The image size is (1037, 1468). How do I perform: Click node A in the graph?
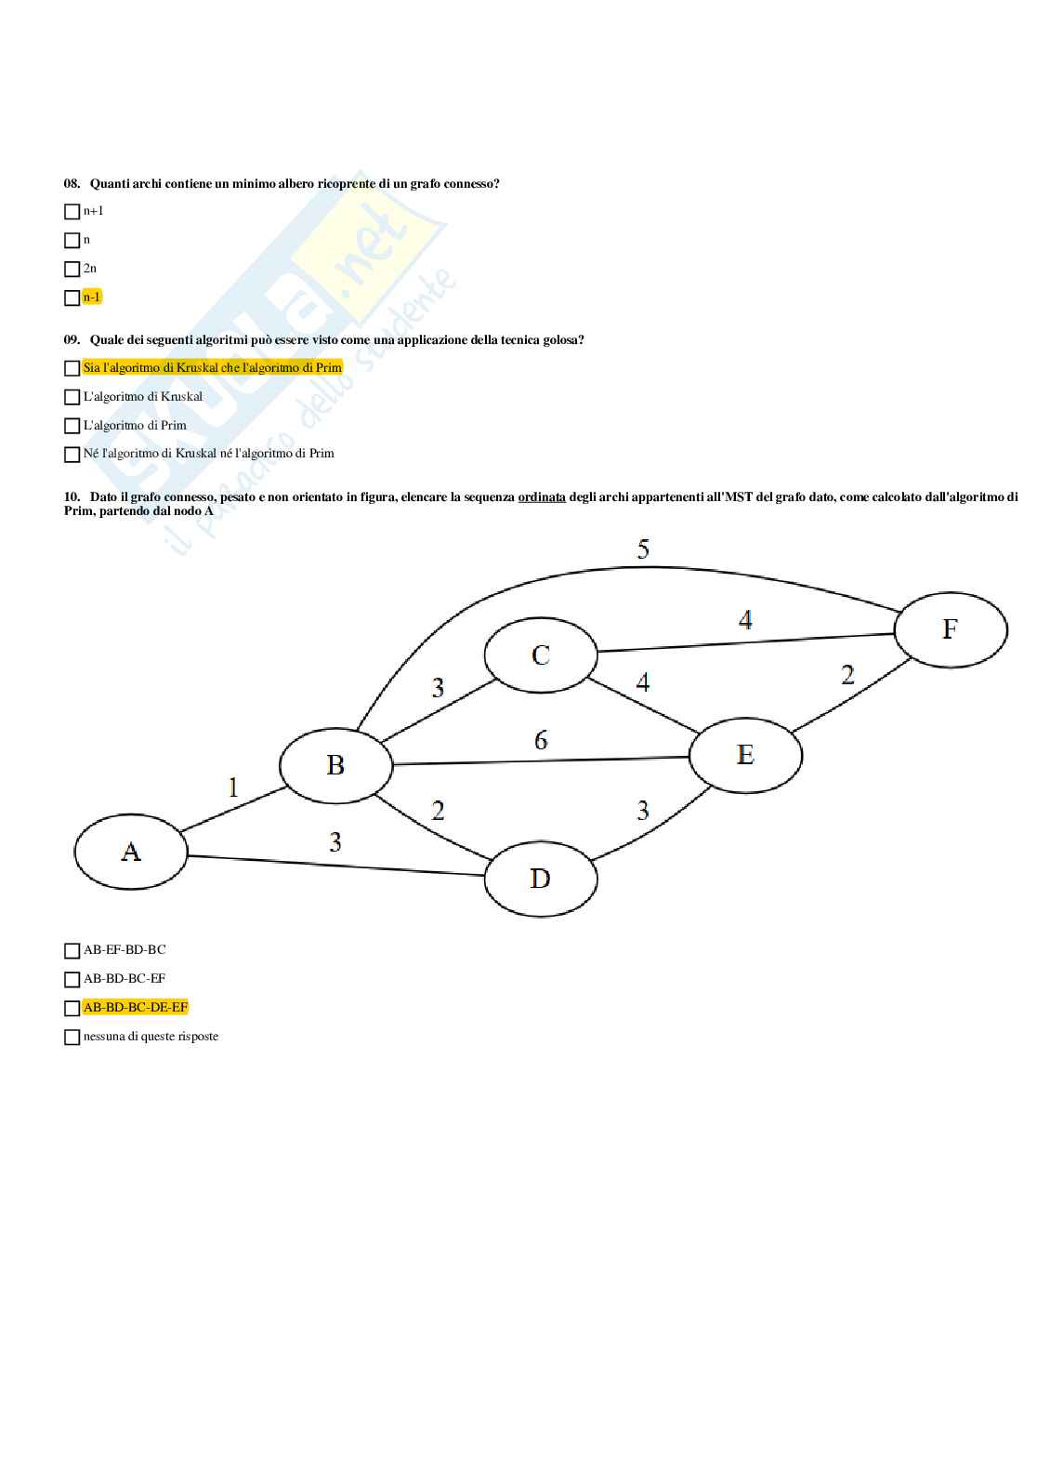pos(131,852)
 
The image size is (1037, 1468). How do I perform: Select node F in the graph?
pos(950,629)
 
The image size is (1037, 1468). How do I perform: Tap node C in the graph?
pos(541,655)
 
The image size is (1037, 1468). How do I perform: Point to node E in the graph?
pos(745,754)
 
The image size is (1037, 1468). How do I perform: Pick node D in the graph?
pos(540,879)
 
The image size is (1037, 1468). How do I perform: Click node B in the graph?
pos(335,765)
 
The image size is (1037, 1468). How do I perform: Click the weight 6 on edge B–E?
pos(541,740)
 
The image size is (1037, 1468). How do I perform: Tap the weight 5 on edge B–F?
pos(643,549)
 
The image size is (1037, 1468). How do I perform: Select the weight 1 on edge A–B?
pos(233,787)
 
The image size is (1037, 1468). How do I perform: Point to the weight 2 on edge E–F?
pos(847,675)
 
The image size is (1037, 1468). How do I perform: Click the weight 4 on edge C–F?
pos(745,619)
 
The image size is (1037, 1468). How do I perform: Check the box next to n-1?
pos(72,298)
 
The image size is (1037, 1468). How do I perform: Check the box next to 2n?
pos(72,270)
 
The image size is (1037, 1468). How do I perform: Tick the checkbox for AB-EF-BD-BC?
pos(72,951)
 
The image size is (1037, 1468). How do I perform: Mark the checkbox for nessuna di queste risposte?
pos(72,1038)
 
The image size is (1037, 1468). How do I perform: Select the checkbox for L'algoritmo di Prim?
pos(72,427)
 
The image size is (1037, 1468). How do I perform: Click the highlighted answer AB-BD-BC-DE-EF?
pos(136,1008)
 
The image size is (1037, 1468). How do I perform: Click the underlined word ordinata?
pos(542,497)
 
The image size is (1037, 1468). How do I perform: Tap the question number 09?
pos(72,340)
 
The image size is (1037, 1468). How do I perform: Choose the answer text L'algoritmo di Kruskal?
pos(143,397)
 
